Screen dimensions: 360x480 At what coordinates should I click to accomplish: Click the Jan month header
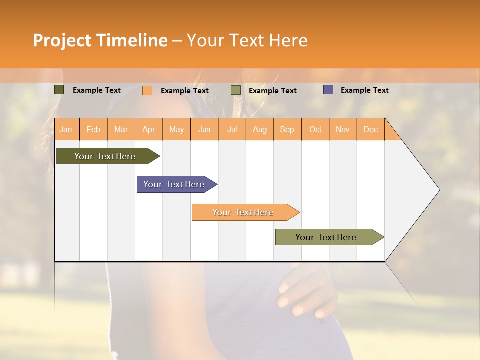click(x=66, y=129)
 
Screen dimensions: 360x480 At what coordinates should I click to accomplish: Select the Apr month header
click(x=149, y=129)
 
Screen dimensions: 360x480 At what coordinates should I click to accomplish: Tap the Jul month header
click(x=232, y=129)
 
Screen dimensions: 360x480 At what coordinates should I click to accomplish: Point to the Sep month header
click(x=287, y=129)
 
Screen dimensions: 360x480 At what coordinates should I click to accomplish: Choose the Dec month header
click(x=370, y=129)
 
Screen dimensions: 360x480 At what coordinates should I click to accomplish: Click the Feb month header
click(x=93, y=129)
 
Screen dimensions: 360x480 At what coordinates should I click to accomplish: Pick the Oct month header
click(x=315, y=129)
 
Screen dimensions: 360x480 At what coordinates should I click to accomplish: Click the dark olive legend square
click(x=59, y=90)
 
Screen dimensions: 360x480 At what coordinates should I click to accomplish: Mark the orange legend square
click(x=147, y=90)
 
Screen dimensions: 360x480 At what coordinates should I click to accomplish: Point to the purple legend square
click(x=328, y=90)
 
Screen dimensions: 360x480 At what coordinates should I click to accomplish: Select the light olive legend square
click(x=236, y=90)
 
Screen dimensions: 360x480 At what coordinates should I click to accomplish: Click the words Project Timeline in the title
click(x=100, y=40)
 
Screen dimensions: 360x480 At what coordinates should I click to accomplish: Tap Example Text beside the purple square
click(x=364, y=90)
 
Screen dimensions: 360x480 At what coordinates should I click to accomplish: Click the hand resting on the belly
click(x=302, y=292)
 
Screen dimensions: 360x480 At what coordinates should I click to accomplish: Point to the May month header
click(x=176, y=129)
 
